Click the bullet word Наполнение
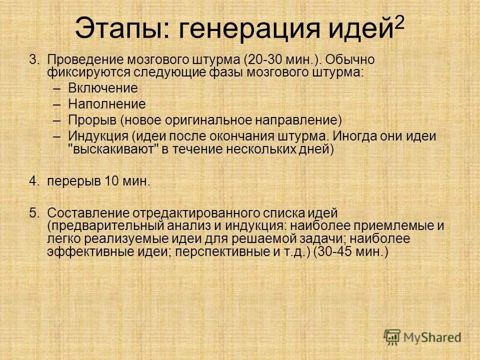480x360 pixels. (x=106, y=104)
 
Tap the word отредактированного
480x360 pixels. (x=184, y=213)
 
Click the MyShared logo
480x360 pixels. (x=422, y=337)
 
